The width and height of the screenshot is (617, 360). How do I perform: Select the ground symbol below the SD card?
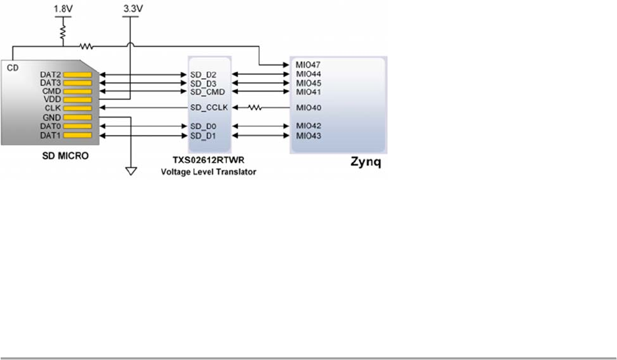pos(131,172)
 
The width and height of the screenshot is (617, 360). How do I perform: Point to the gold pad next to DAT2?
pos(78,75)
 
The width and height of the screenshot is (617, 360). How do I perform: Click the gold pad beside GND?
pos(78,117)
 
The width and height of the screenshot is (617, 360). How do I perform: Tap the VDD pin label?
pos(52,100)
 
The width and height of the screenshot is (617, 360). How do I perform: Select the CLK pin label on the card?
pos(52,108)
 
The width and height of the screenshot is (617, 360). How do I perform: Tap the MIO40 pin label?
pos(308,107)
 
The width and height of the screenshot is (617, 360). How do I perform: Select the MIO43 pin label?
pos(308,136)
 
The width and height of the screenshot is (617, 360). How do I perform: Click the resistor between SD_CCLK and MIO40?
pos(254,107)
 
